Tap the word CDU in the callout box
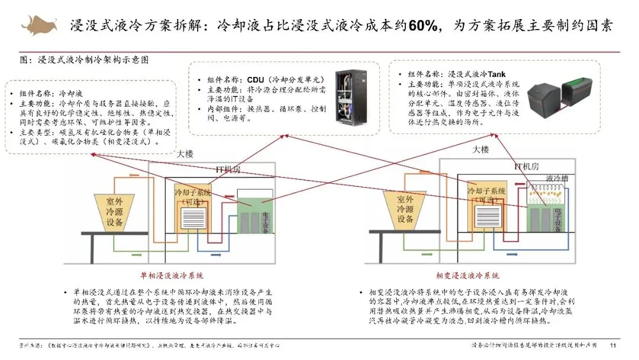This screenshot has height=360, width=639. (x=256, y=79)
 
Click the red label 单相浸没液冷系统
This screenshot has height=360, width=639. (x=171, y=276)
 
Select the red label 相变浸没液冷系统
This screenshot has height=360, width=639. (x=467, y=276)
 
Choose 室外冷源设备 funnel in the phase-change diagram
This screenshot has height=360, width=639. (x=406, y=211)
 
